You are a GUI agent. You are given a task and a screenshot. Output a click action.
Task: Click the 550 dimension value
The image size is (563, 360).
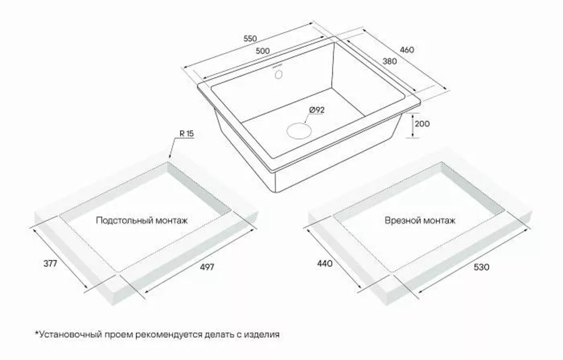point(251,39)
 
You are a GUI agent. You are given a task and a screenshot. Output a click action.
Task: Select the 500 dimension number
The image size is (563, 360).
point(263,51)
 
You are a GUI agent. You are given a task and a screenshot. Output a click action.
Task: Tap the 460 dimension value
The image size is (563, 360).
point(407,50)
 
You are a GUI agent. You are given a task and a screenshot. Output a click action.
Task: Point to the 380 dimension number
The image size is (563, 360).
point(390,61)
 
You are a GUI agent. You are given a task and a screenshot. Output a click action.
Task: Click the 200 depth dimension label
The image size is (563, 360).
point(422,124)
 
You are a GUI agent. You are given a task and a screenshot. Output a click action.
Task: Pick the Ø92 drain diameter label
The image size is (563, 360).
point(316,110)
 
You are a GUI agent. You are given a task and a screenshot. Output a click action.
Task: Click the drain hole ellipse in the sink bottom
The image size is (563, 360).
point(298,130)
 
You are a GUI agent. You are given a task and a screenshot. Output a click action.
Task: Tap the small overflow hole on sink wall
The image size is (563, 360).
point(278,74)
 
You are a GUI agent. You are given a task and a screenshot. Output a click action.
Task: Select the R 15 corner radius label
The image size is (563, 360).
point(186,134)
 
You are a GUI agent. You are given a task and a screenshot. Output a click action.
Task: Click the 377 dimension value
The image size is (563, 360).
point(50,263)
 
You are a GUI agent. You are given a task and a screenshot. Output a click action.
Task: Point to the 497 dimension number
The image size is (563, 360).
point(207,267)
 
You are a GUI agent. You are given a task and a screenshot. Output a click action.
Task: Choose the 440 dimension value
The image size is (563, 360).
point(325,263)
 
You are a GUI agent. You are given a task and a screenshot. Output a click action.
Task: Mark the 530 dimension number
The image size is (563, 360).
point(481,267)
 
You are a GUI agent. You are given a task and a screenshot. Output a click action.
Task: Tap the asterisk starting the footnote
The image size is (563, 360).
point(37,333)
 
